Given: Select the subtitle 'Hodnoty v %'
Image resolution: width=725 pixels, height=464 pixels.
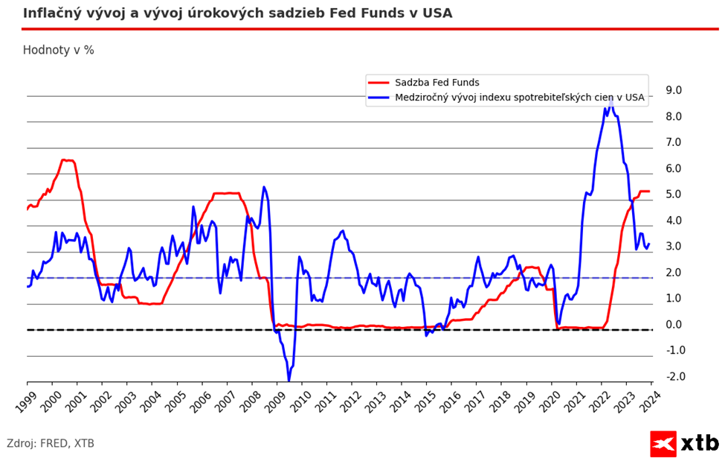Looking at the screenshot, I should point(58,50).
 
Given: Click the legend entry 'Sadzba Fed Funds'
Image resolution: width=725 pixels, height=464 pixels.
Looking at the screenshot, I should point(436,83).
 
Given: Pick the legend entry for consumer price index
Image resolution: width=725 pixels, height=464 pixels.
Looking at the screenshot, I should point(519,97).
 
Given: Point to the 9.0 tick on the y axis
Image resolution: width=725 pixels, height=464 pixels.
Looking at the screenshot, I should point(674,90).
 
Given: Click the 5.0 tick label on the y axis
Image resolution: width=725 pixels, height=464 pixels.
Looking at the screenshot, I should point(674,194).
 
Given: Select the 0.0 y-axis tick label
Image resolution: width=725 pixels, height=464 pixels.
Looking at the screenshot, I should point(674,325).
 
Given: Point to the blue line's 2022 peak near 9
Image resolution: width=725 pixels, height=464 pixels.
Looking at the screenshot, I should point(610,98).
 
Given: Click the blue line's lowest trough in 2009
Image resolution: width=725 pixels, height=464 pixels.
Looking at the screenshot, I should point(289,381).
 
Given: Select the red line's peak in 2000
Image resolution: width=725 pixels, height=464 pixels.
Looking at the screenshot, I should point(64,159).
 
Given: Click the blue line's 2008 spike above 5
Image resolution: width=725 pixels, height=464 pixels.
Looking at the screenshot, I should point(264,187).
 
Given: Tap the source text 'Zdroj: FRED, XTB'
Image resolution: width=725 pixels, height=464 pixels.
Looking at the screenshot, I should point(51,443).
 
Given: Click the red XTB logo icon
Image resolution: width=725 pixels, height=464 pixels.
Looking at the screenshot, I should point(663,444).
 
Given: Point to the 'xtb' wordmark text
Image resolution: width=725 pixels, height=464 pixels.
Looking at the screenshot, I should point(700,444).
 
